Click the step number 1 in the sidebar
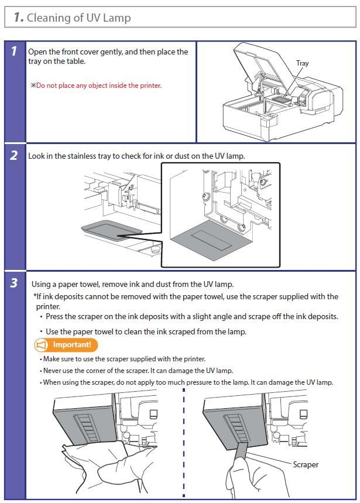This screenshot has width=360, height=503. (13, 52)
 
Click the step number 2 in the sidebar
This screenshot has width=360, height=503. (13, 156)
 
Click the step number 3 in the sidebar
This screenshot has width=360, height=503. (13, 283)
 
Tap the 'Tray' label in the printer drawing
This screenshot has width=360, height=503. (302, 63)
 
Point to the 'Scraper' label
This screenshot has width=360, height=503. (306, 464)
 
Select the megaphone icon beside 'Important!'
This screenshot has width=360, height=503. (42, 345)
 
